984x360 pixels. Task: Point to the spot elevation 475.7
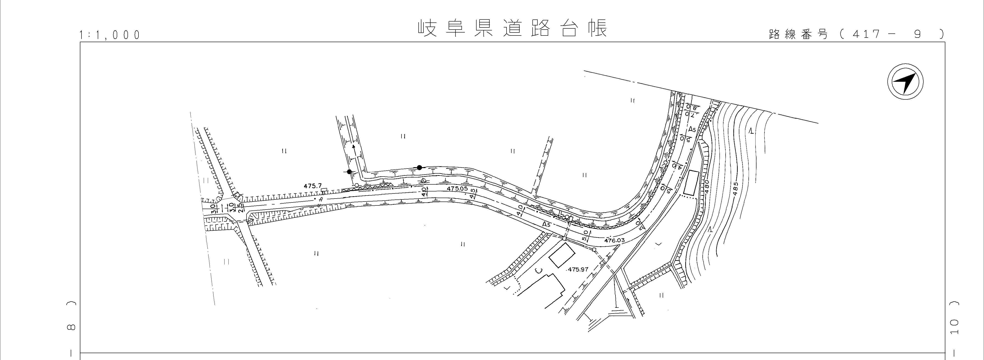pos(312,186)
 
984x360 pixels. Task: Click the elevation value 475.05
pos(457,188)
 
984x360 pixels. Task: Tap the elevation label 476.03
pos(615,240)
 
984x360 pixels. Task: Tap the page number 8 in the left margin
pos(71,327)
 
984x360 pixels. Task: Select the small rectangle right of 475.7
pos(324,190)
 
